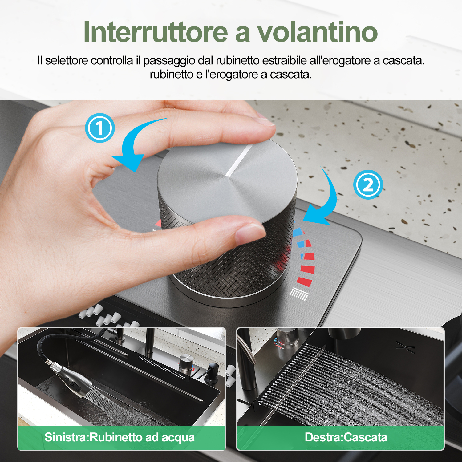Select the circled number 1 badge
(100, 128)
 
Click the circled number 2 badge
(368, 184)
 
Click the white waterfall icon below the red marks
(299, 294)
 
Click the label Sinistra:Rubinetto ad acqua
(120, 437)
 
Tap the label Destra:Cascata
(346, 437)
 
